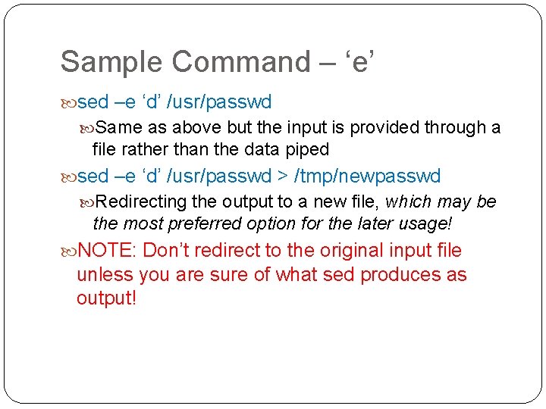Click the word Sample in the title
pos(104,62)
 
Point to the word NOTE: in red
pos(106,250)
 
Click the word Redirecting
pos(142,201)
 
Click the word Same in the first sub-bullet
pos(115,127)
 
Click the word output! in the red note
pos(106,298)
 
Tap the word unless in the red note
pos(102,274)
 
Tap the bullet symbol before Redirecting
pos(89,202)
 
